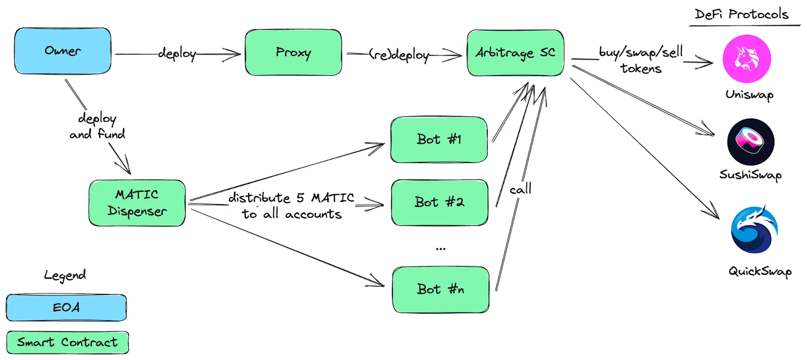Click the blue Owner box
tap(63, 51)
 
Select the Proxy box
tap(293, 52)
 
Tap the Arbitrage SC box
tap(515, 53)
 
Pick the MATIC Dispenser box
tap(137, 203)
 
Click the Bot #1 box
tap(439, 140)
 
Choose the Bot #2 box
tap(439, 203)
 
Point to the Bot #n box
tap(441, 290)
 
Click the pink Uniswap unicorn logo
tap(747, 58)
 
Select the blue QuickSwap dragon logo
tap(755, 229)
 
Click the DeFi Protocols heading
tap(741, 15)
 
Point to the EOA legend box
tap(66, 308)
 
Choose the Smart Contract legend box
tap(68, 342)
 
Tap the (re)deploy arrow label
tap(399, 55)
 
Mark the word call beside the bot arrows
tap(520, 189)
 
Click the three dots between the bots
tap(441, 249)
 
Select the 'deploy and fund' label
tap(97, 126)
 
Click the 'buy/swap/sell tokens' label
tap(641, 60)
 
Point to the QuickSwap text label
tap(760, 271)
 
